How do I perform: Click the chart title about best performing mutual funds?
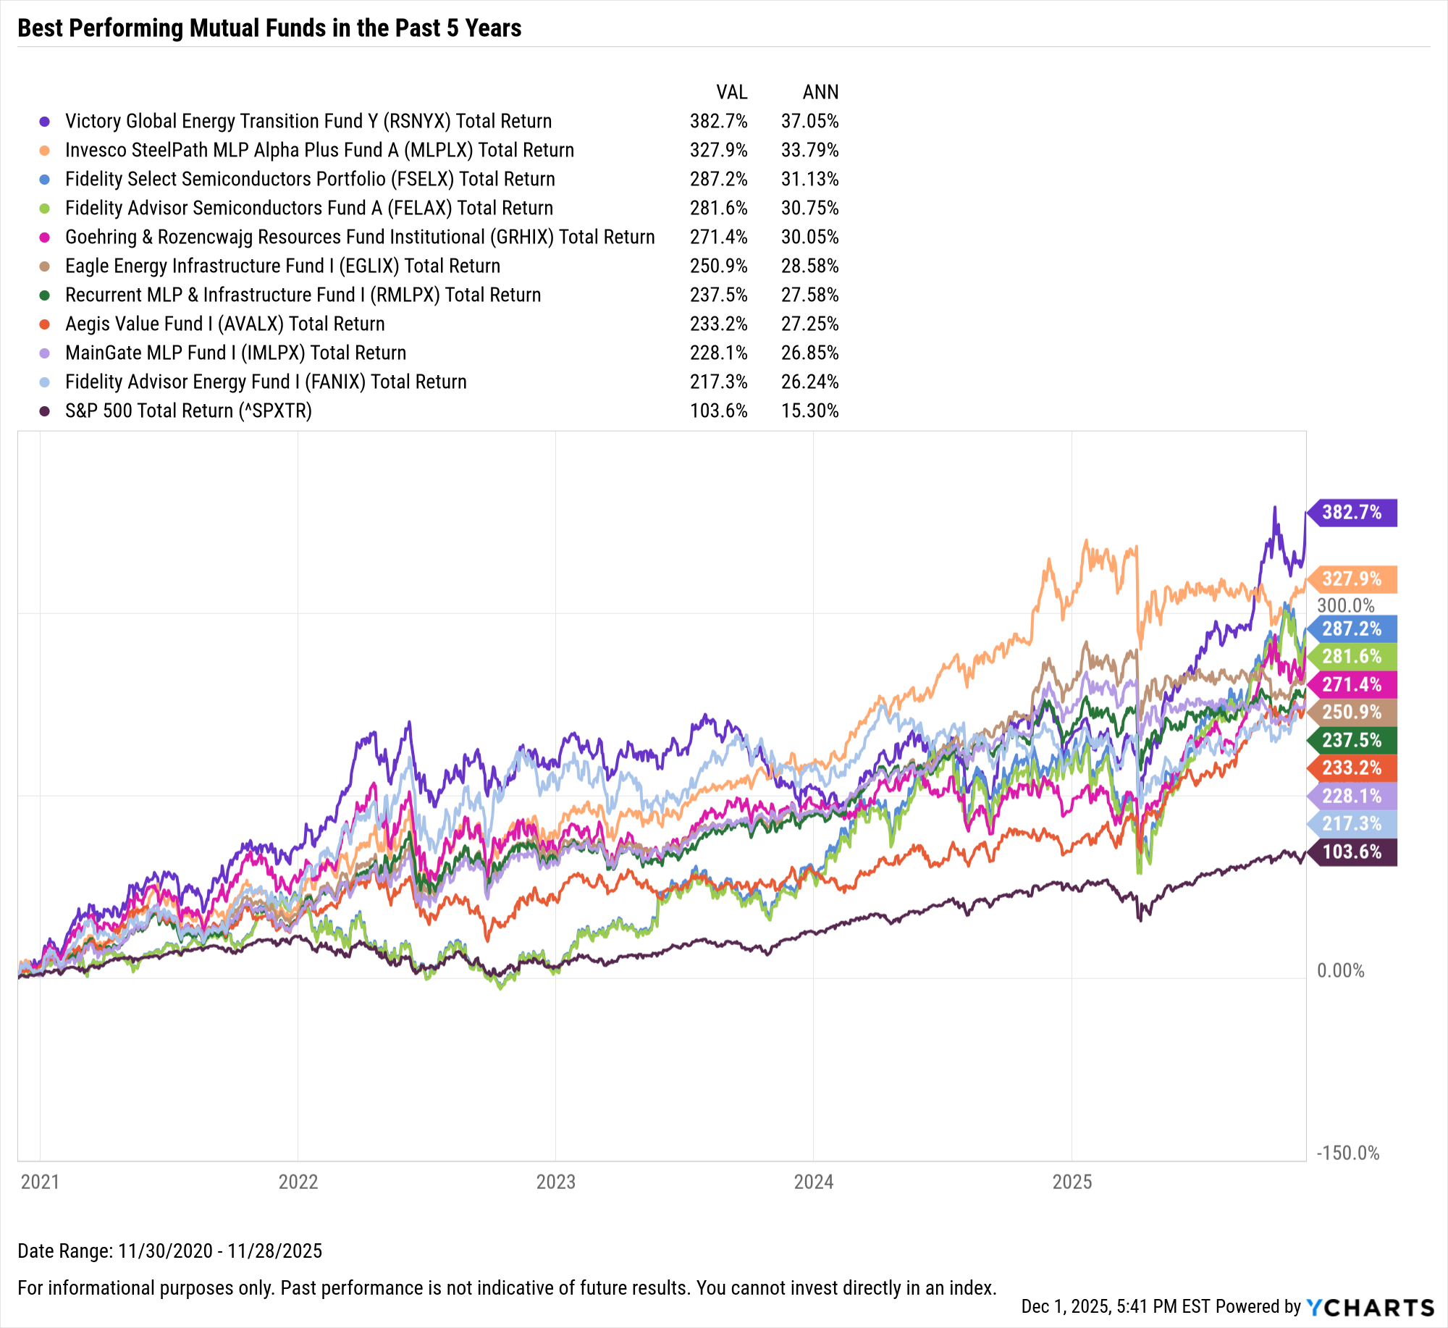click(269, 28)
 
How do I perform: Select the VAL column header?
click(731, 92)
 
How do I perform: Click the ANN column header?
click(820, 92)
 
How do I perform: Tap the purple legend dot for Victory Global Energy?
click(45, 122)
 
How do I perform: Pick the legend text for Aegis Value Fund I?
click(224, 324)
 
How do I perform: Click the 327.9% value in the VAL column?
click(718, 150)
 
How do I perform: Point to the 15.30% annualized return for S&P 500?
click(809, 411)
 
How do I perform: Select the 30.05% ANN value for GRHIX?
click(809, 237)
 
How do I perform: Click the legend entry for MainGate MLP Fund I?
click(235, 353)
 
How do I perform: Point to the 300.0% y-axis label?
click(1345, 605)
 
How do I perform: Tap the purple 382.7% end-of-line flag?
click(1352, 513)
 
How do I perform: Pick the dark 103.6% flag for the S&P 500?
click(1352, 852)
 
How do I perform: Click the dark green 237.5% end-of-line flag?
click(1352, 740)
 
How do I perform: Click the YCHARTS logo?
click(1370, 1307)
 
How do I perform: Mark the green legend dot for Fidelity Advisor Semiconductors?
click(45, 209)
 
